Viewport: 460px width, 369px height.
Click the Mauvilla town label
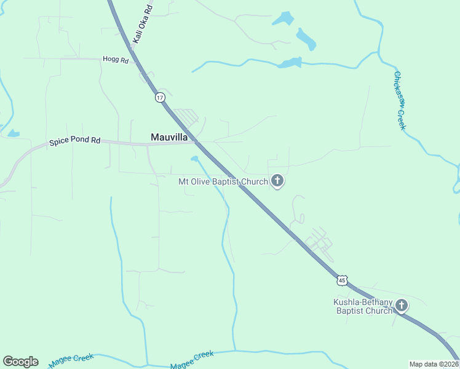pos(169,137)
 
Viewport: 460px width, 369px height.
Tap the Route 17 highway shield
pos(160,98)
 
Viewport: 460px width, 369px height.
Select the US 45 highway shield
pos(342,280)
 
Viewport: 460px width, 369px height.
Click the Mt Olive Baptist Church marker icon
pos(277,181)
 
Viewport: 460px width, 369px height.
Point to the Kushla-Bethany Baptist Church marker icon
pos(402,305)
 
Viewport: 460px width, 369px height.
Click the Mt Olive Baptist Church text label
pos(223,181)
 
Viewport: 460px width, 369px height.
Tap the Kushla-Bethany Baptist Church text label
pos(363,306)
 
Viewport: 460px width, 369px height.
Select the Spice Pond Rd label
pos(74,141)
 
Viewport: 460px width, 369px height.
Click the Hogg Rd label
pos(116,60)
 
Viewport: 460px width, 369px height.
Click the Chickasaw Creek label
pos(400,101)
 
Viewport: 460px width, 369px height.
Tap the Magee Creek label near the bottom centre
pos(192,360)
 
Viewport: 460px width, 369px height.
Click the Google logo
pos(20,362)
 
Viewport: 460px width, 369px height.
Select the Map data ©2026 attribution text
pos(433,364)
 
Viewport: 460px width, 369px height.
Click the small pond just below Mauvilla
pos(194,159)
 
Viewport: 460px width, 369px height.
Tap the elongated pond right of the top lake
pos(306,39)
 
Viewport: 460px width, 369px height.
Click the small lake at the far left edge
pos(13,133)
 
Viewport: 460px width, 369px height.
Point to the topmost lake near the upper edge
pos(284,18)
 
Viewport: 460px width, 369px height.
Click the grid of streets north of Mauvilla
pos(186,116)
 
